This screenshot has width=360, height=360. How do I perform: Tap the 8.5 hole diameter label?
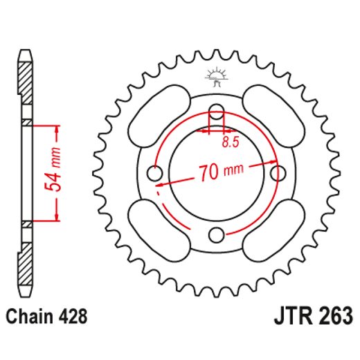coord(231,143)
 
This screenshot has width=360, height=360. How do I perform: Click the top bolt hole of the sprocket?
coord(217,111)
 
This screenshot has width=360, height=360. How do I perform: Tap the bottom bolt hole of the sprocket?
coord(217,233)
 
